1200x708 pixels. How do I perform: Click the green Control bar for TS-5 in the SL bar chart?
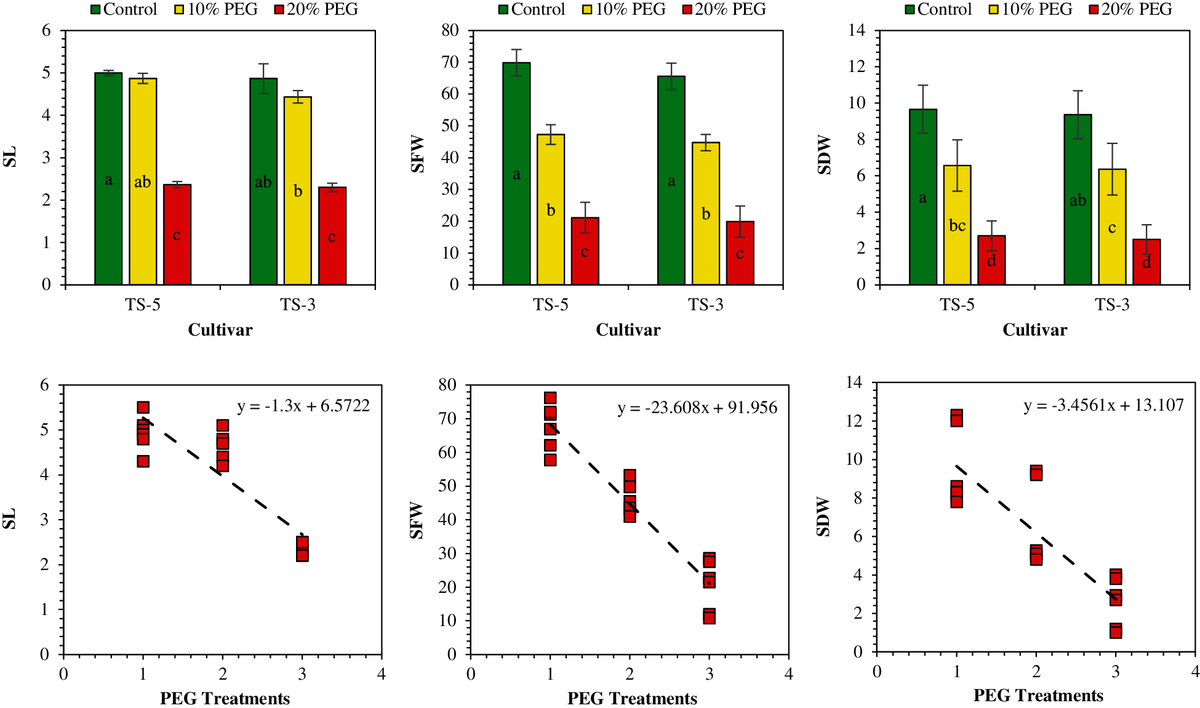(x=108, y=179)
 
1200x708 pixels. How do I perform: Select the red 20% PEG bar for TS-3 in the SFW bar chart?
(x=740, y=252)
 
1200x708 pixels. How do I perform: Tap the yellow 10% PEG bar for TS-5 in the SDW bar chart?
(x=957, y=225)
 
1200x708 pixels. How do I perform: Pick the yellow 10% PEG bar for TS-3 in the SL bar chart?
(x=298, y=191)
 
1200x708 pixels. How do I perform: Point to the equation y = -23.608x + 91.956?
(x=697, y=408)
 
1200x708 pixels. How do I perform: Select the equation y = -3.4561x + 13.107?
(x=1104, y=405)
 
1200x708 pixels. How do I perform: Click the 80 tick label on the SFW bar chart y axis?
(x=450, y=31)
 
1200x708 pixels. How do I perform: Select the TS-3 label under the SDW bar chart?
(x=1112, y=305)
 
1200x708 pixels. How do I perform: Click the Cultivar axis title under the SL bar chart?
(x=220, y=330)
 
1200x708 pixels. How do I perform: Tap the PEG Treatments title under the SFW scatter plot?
(x=632, y=699)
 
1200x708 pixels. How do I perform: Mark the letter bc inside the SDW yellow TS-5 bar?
(x=957, y=226)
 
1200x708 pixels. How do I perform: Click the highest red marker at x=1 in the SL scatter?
(x=143, y=408)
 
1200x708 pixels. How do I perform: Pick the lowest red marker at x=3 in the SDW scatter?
(x=1116, y=630)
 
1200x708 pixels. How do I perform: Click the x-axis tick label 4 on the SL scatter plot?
(x=382, y=674)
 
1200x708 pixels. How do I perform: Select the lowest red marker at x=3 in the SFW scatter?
(x=709, y=616)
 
